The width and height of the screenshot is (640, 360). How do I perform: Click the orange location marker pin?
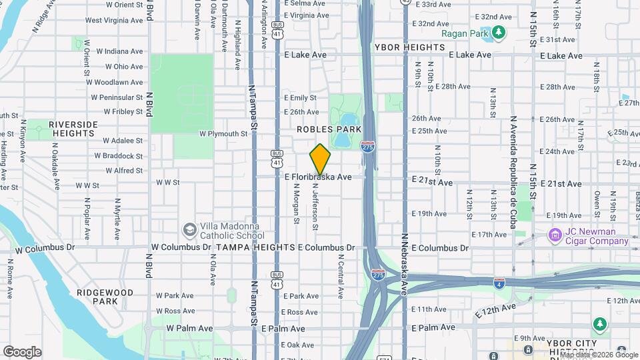point(320,159)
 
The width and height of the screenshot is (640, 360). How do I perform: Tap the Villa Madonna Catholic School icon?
point(190,229)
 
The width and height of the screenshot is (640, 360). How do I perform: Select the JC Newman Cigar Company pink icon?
point(554,235)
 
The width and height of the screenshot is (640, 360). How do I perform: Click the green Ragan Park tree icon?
point(498,32)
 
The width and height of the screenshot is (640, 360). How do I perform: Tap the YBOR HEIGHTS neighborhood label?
point(409,47)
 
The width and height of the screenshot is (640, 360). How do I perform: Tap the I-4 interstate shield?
point(499,283)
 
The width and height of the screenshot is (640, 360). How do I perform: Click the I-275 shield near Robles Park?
point(367,146)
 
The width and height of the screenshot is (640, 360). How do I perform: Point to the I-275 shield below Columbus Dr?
point(378,274)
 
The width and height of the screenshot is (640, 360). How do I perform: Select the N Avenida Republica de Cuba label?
point(513,172)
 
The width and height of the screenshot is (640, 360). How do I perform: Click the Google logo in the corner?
point(22,352)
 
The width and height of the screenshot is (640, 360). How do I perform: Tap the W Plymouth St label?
point(223,133)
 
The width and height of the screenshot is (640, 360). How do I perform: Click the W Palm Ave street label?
point(189,328)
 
